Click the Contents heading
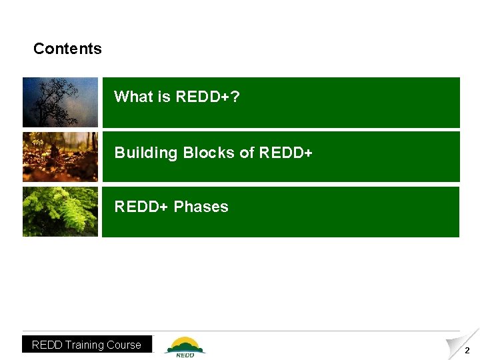coord(67,49)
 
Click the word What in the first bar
coord(133,97)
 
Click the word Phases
coord(201,207)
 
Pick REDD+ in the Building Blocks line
coord(285,153)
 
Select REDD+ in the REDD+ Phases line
coord(141,207)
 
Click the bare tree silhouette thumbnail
coord(60,102)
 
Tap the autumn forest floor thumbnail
coord(60,157)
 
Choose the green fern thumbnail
coord(60,211)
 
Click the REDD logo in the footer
coord(185,347)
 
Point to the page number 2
coord(467,351)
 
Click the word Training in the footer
coord(86,345)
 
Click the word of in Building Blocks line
coord(247,153)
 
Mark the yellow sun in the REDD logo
coord(185,342)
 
